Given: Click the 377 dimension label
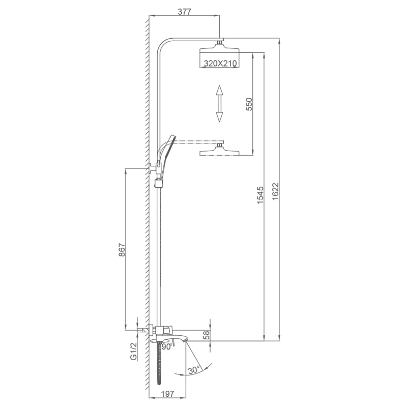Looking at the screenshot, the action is point(184,12).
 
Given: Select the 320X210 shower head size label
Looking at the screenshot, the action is point(220,63).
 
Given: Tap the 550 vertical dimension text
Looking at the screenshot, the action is point(249,104).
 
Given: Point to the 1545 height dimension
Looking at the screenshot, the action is point(260,195).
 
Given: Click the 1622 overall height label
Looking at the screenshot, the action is point(275,192).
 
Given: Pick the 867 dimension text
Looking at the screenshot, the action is point(122,250).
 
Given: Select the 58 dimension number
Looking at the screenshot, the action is point(206,335).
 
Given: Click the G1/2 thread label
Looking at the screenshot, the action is point(133,352).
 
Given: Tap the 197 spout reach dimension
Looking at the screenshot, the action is point(168,394).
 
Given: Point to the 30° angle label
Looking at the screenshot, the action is point(194,370).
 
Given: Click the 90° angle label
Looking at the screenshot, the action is point(167,347).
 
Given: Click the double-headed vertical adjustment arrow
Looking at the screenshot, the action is point(220,104).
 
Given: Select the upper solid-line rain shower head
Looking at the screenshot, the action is point(219,47).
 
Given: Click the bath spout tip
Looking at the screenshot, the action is point(185,340).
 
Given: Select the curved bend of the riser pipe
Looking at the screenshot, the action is point(163,43).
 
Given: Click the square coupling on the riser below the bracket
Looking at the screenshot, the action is point(158,183).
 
